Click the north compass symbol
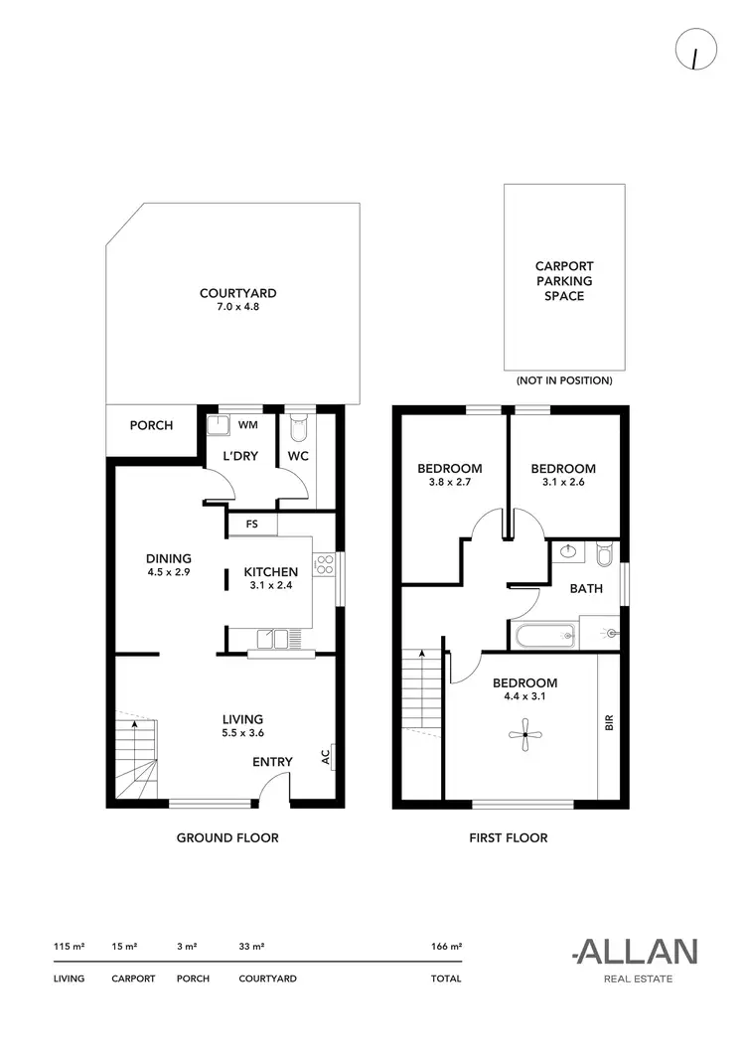point(691,53)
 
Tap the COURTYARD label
point(237,293)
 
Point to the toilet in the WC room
point(300,428)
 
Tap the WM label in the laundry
point(247,425)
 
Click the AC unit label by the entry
point(326,757)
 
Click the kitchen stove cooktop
point(323,566)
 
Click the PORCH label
point(151,425)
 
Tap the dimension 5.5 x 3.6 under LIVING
point(242,733)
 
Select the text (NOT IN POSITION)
point(564,380)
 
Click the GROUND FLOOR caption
point(227,837)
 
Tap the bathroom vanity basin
point(569,551)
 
